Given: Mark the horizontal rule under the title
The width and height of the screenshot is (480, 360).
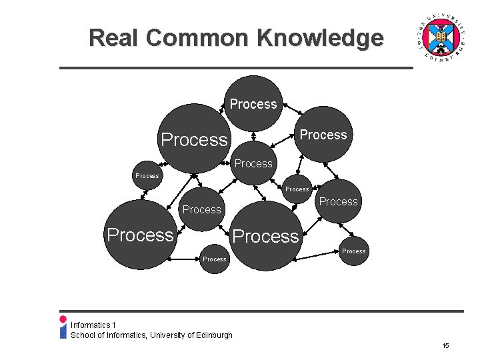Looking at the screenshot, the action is pyautogui.click(x=236, y=68).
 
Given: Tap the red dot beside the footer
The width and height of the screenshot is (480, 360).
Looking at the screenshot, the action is pyautogui.click(x=63, y=319).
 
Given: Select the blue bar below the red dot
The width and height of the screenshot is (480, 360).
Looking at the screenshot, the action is pyautogui.click(x=63, y=331).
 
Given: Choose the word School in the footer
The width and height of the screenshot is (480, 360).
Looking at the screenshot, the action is pyautogui.click(x=83, y=335).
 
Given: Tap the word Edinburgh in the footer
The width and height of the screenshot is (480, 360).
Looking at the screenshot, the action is pyautogui.click(x=214, y=335).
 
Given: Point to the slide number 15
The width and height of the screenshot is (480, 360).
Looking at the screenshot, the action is pyautogui.click(x=445, y=346).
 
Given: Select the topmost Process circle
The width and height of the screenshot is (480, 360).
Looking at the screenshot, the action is pyautogui.click(x=253, y=103).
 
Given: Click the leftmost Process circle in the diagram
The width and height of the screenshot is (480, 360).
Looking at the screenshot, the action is pyautogui.click(x=139, y=235).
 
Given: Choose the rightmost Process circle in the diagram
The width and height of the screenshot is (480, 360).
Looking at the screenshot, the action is pyautogui.click(x=353, y=251).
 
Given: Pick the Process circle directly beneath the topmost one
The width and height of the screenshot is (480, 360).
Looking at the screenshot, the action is pyautogui.click(x=254, y=163).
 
